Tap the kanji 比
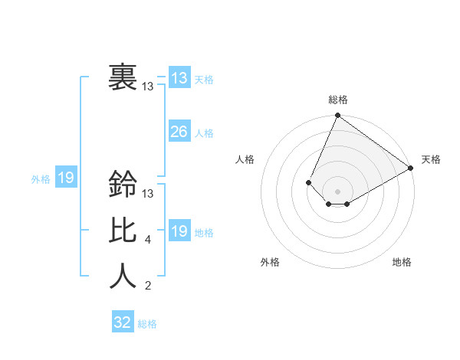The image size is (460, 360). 122,231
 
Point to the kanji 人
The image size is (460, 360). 122,277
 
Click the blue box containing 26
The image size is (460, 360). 179,132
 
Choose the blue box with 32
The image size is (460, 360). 123,322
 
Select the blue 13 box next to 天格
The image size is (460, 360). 179,78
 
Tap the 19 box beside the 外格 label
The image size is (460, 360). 65,178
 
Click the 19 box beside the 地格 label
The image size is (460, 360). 179,231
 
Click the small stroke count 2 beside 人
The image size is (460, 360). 147,286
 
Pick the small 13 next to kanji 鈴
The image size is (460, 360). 148,195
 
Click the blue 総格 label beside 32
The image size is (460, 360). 147,324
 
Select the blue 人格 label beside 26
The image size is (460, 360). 204,133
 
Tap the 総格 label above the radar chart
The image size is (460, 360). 338,100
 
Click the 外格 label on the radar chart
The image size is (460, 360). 270,262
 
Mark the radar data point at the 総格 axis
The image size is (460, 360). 337,116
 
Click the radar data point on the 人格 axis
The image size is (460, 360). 308,182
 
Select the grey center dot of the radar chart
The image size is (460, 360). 337,191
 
